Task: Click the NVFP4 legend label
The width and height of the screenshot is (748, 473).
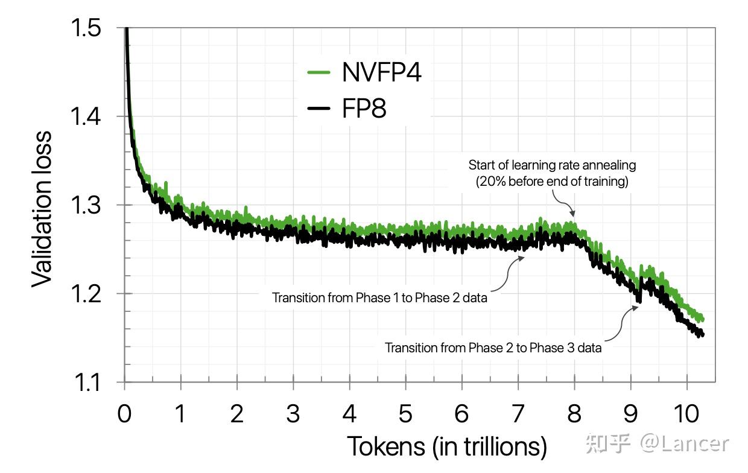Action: (381, 72)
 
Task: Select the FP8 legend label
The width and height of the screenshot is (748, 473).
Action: (364, 109)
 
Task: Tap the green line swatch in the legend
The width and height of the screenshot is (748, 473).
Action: (319, 72)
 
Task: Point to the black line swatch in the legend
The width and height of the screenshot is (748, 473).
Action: (319, 109)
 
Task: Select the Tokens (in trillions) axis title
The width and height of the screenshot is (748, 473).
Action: (446, 447)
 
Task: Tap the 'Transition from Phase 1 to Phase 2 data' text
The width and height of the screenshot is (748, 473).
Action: (379, 297)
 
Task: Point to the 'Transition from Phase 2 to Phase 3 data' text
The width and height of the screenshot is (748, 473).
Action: (493, 348)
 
